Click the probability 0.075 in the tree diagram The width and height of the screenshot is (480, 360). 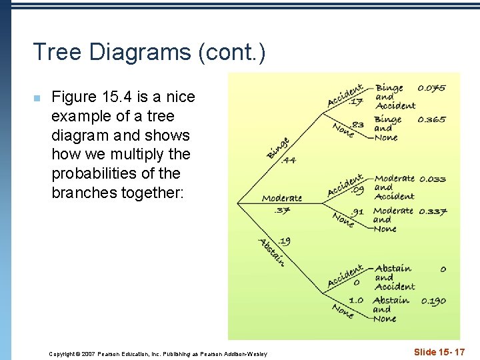click(x=432, y=88)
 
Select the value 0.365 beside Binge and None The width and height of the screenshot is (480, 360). click(x=432, y=120)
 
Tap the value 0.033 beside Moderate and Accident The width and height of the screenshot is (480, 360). click(x=433, y=179)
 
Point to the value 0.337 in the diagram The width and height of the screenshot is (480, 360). click(x=433, y=212)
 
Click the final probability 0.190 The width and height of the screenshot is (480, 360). click(x=433, y=301)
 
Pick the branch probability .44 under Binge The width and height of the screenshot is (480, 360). click(x=289, y=160)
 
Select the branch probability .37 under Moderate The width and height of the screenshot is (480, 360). click(x=281, y=211)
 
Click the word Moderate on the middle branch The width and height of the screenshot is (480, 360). click(x=282, y=198)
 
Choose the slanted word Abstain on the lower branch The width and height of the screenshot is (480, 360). click(x=272, y=252)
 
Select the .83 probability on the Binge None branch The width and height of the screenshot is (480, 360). click(x=357, y=124)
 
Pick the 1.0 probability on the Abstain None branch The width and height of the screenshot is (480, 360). click(x=356, y=301)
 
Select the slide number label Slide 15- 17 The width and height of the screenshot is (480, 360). click(x=439, y=351)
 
